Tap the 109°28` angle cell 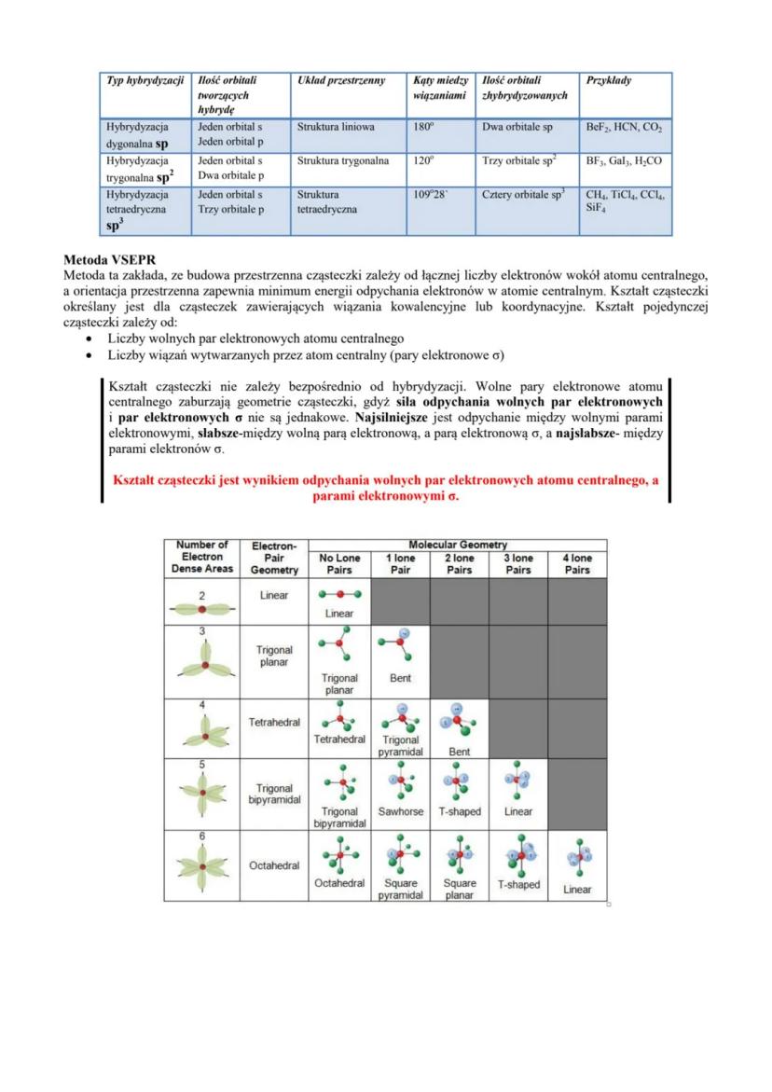[x=430, y=196]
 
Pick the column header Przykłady [x=609, y=81]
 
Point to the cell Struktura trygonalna [x=342, y=160]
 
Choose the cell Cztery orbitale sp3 [x=524, y=196]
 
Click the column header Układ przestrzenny [x=339, y=81]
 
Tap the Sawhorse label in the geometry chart [x=401, y=811]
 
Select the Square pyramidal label [x=401, y=889]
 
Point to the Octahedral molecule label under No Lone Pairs [x=339, y=882]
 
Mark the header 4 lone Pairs [x=577, y=564]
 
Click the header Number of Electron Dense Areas [x=202, y=558]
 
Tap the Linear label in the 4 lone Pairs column [x=577, y=890]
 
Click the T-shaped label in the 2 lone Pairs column [x=460, y=811]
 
